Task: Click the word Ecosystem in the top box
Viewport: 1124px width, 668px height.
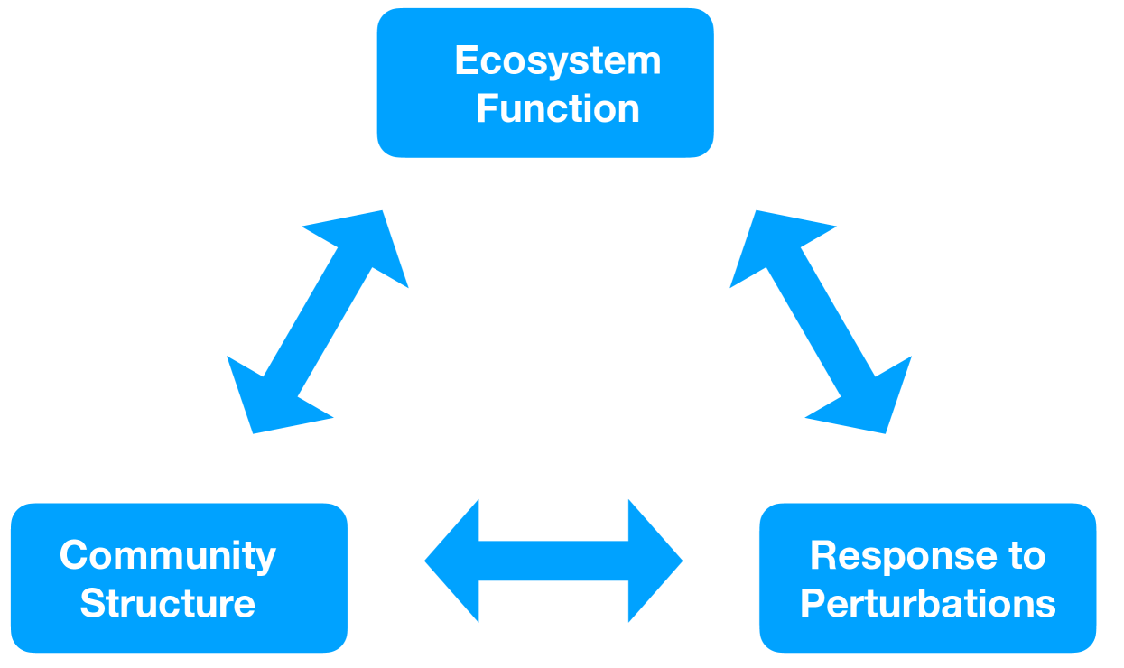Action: (x=558, y=61)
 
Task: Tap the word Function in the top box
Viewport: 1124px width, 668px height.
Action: (x=558, y=109)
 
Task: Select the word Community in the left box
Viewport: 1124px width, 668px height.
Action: (x=168, y=555)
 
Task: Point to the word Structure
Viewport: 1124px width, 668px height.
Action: (x=168, y=604)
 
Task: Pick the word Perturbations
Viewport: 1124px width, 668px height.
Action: (x=927, y=604)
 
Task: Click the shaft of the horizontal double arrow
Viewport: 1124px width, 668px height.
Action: (x=553, y=561)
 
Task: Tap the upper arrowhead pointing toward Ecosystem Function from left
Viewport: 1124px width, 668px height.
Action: (x=370, y=244)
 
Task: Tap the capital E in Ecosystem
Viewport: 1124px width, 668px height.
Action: (x=466, y=61)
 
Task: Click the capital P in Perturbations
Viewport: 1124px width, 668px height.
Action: (x=813, y=604)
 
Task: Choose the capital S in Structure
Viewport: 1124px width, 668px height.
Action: (x=93, y=604)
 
